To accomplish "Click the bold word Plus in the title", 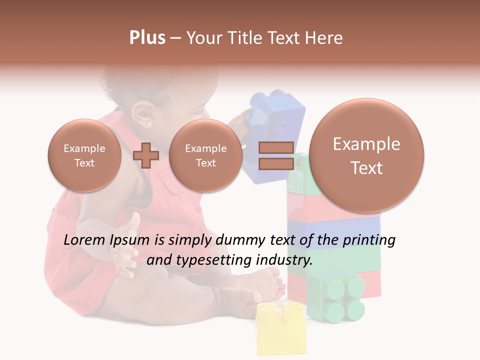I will [x=147, y=37].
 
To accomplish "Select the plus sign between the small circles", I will [x=146, y=155].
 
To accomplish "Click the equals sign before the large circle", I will [x=275, y=155].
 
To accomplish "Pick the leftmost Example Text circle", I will [x=84, y=155].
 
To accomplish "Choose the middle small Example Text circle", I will [x=205, y=155].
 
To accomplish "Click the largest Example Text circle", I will [x=366, y=155].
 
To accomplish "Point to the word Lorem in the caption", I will [x=84, y=240].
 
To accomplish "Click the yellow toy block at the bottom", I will [x=281, y=327].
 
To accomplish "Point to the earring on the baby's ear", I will [x=149, y=123].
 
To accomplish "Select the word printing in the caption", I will [x=369, y=240].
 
